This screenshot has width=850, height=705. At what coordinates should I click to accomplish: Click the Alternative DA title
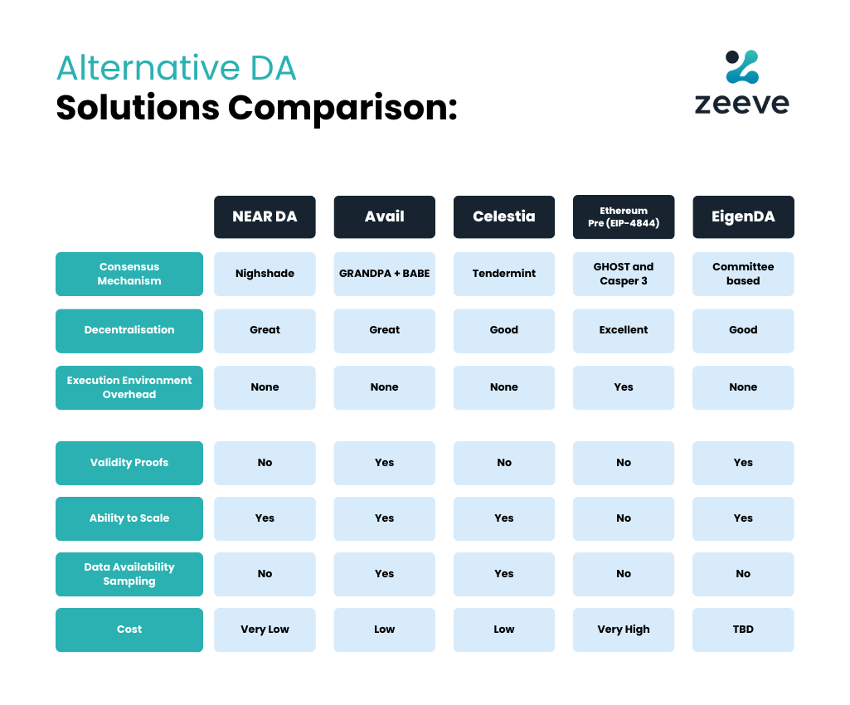coord(176,68)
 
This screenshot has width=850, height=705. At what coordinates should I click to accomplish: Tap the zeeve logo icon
coord(741,67)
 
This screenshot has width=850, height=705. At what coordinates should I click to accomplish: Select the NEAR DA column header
coord(265,216)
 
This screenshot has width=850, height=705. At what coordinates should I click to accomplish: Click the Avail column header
coord(384,216)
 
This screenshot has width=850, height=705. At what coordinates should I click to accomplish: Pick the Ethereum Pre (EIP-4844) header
coord(624,216)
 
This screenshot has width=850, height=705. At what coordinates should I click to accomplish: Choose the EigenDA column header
coord(743,216)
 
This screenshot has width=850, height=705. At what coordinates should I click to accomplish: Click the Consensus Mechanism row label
coord(129,274)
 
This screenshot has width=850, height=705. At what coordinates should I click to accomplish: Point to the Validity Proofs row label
coord(129,463)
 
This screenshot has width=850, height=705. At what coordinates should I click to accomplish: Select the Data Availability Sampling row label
coord(129,574)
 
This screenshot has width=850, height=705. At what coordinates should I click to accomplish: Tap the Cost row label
coord(129,630)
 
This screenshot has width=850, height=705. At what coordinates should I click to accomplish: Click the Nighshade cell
coord(265,274)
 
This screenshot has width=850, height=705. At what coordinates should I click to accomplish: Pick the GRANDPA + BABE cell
coord(384,274)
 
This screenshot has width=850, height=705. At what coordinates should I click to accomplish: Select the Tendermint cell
coord(504,274)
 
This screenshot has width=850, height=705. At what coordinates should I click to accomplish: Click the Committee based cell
coord(743,274)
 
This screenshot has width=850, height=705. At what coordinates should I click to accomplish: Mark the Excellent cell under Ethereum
coord(624,330)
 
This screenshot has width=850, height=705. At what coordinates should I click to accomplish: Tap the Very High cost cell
coord(624,630)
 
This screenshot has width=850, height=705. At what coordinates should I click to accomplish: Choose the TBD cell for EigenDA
coord(743,630)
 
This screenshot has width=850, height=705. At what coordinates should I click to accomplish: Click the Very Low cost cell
coord(265,630)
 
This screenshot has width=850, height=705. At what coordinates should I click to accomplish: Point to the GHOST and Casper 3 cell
coord(624,274)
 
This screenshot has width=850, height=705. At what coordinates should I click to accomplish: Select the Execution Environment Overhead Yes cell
coord(624,387)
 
